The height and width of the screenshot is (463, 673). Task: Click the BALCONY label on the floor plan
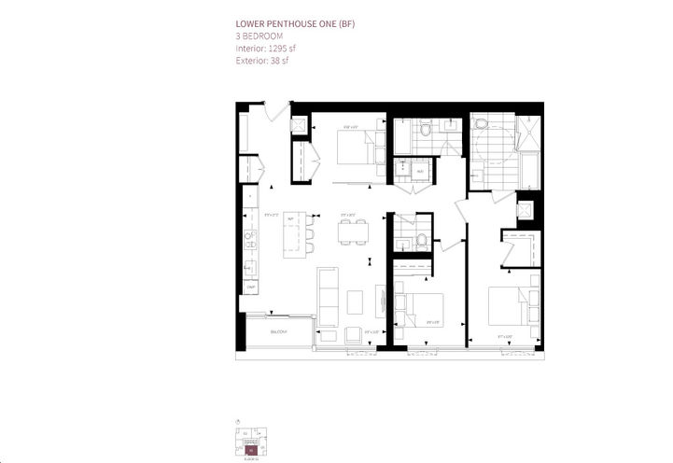coord(278,331)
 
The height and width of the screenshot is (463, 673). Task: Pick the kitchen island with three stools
coord(294,233)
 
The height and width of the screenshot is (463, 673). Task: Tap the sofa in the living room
coord(329,295)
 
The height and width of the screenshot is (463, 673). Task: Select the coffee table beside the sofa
coord(355,302)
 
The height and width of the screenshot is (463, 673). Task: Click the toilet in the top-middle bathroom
coord(426,131)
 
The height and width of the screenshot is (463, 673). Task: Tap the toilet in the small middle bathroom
coord(421,240)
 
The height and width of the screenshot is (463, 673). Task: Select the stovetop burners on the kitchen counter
coord(250,267)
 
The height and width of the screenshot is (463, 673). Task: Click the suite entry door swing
coord(278,113)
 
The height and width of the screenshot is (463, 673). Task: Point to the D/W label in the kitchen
coord(250,287)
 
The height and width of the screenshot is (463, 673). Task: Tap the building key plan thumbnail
coord(251,438)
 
